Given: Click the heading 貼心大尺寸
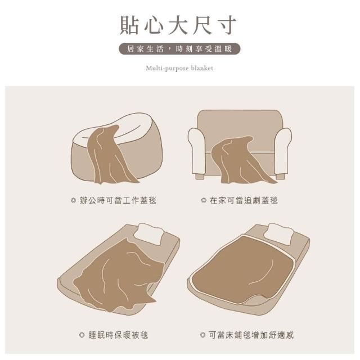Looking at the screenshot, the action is pos(178,25).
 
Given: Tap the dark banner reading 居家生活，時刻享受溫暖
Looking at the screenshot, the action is pos(179,49).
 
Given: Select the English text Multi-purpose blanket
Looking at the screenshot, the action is pos(179,68).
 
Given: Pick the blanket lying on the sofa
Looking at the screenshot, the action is pos(238,161).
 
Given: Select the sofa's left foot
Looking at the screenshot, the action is pos(200,176).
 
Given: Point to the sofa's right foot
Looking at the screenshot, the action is pos(280,176).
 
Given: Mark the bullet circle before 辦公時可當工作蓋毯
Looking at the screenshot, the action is pos(74,200).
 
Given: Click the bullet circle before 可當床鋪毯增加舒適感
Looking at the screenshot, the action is pos(202,335).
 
